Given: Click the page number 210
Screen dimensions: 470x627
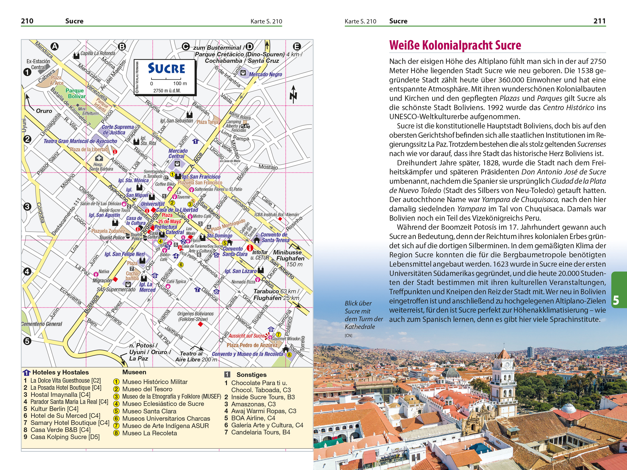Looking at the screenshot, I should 27,21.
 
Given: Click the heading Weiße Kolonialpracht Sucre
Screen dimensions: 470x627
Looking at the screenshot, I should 455,45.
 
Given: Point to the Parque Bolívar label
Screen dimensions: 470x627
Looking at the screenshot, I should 75,93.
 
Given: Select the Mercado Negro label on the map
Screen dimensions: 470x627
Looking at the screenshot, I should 265,74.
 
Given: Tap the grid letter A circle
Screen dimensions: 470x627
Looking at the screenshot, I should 54,47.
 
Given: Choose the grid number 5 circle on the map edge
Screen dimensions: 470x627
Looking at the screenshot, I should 27,341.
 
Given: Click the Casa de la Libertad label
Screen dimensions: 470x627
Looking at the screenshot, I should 177,210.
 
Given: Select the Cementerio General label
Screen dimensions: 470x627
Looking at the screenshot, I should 42,324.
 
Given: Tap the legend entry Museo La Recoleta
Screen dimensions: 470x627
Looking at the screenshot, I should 149,433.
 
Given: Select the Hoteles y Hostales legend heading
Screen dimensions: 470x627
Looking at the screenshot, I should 60,372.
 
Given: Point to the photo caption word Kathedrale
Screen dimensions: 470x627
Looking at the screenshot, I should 359,327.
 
